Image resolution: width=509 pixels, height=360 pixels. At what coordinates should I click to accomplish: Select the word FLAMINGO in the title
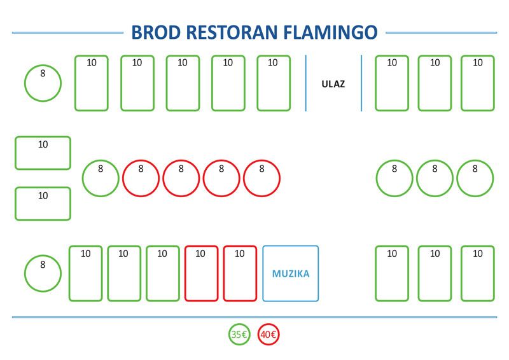point(330,32)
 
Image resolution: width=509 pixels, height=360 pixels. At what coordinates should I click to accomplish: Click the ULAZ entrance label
point(333,84)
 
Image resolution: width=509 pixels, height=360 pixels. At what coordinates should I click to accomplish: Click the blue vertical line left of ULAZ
point(306,83)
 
